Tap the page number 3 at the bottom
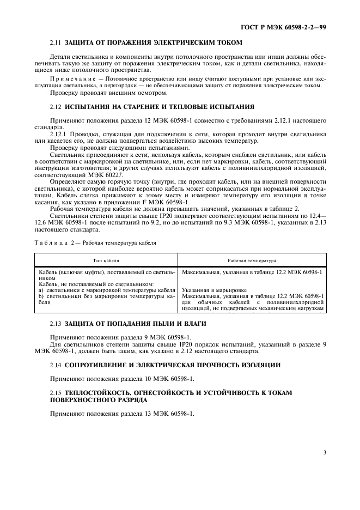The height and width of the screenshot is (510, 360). click(325, 452)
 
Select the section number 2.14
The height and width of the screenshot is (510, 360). click(56, 365)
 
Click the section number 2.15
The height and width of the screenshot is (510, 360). click(56, 392)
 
